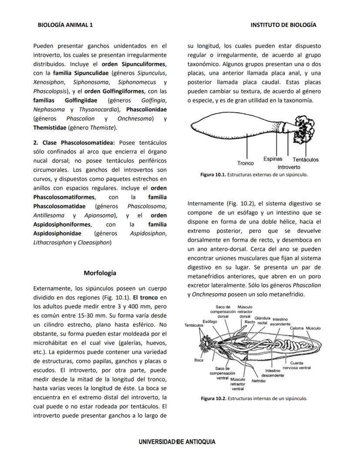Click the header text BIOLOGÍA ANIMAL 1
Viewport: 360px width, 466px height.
point(65,25)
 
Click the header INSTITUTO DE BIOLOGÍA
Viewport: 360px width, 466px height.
point(283,25)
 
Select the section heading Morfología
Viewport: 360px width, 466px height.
point(100,273)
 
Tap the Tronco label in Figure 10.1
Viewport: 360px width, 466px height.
point(246,163)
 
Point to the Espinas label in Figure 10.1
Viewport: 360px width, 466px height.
point(273,159)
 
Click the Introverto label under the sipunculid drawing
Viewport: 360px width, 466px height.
point(289,167)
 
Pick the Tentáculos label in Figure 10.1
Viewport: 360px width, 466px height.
point(305,160)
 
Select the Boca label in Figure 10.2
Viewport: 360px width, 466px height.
point(199,360)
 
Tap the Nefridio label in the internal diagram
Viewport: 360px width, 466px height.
point(258,380)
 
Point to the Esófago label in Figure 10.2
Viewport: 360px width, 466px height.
point(210,322)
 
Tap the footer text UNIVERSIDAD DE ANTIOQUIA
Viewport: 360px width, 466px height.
point(177,442)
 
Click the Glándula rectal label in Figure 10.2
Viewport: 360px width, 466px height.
point(262,320)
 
